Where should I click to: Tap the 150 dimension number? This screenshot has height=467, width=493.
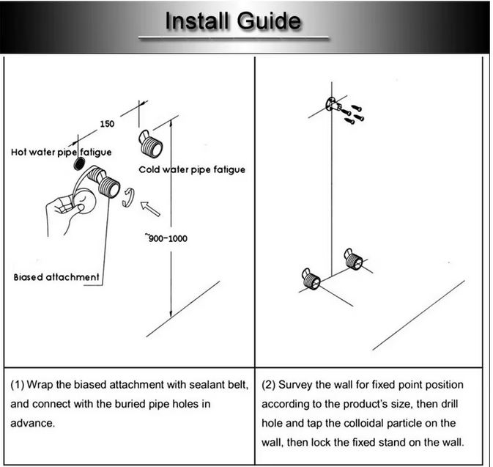(x=108, y=124)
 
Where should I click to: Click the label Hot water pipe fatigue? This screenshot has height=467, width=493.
(x=61, y=152)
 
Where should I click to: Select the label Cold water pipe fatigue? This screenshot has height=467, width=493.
(x=192, y=169)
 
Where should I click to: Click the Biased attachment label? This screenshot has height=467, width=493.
(x=56, y=277)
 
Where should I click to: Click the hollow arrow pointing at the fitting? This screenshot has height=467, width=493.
(x=149, y=209)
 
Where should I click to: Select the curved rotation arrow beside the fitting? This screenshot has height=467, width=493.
(x=129, y=196)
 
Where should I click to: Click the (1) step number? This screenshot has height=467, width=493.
(x=18, y=385)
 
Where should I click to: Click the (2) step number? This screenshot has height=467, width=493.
(x=269, y=385)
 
